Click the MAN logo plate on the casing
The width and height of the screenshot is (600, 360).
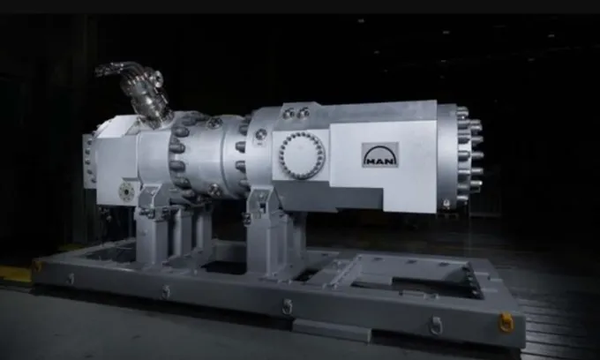[380, 155]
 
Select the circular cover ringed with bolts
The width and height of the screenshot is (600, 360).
[303, 155]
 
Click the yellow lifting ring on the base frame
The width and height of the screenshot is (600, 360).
[506, 322]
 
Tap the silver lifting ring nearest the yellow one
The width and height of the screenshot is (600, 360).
[436, 325]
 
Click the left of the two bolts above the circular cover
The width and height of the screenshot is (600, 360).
[289, 113]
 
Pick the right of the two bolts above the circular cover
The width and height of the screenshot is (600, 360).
[303, 112]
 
